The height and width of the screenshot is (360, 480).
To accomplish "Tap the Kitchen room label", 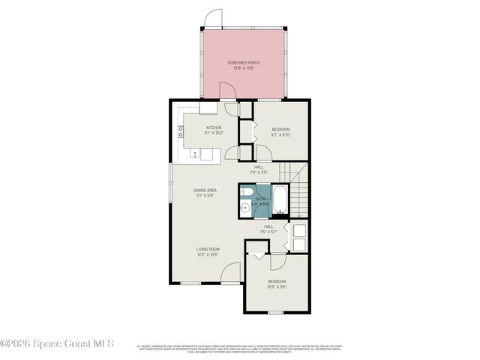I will (213, 130).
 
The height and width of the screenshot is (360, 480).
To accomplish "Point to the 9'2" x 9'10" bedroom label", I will (281, 133).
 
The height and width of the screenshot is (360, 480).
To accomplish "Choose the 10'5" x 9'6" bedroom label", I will (277, 284).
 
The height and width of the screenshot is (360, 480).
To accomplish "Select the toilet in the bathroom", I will (246, 193).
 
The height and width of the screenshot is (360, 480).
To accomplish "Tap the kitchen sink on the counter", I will (196, 154).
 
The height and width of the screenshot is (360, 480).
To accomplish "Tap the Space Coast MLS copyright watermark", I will (57, 344).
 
